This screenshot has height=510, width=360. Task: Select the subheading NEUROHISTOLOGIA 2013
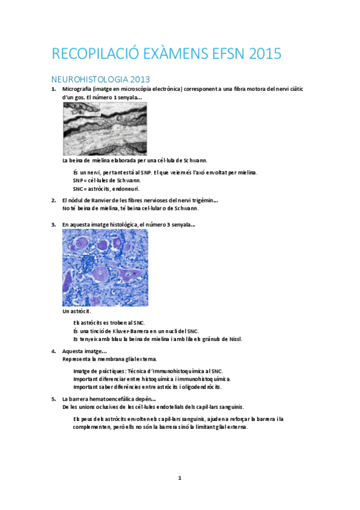(100, 79)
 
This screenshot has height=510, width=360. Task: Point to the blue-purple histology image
(105, 268)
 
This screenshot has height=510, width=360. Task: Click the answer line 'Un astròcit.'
(77, 312)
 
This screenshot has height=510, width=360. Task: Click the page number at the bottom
(180, 478)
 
